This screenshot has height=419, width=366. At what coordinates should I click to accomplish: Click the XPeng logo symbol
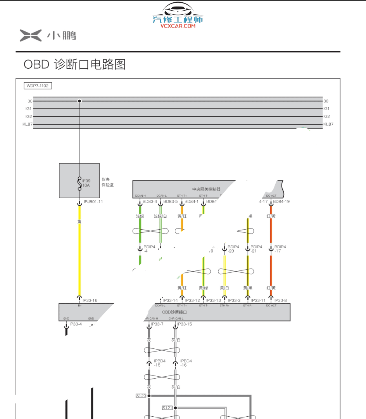(x=31, y=35)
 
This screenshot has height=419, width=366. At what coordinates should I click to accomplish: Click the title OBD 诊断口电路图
(x=75, y=64)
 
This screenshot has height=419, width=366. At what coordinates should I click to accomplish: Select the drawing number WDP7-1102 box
(x=38, y=86)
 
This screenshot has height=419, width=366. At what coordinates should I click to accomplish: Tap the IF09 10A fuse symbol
(x=79, y=183)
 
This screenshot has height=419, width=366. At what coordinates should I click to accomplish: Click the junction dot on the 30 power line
(x=79, y=101)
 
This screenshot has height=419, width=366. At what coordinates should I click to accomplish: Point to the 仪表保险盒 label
(x=107, y=182)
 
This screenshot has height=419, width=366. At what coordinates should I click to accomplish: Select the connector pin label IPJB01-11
(x=93, y=202)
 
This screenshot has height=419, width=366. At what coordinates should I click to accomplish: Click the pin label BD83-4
(x=150, y=201)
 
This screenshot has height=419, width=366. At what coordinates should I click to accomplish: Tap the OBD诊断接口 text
(x=174, y=312)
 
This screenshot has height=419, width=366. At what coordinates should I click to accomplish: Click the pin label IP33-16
(x=90, y=300)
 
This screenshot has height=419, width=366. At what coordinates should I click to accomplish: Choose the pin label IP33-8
(x=281, y=300)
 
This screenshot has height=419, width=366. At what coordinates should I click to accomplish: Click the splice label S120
(x=141, y=396)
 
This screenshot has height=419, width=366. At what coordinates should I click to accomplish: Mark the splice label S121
(x=167, y=408)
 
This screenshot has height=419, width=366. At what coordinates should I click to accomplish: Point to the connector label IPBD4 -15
(x=160, y=363)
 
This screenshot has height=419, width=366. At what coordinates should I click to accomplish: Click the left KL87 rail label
(x=28, y=125)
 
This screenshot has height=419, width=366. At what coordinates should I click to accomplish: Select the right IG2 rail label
(x=326, y=116)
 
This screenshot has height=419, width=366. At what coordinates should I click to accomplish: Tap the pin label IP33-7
(x=157, y=324)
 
